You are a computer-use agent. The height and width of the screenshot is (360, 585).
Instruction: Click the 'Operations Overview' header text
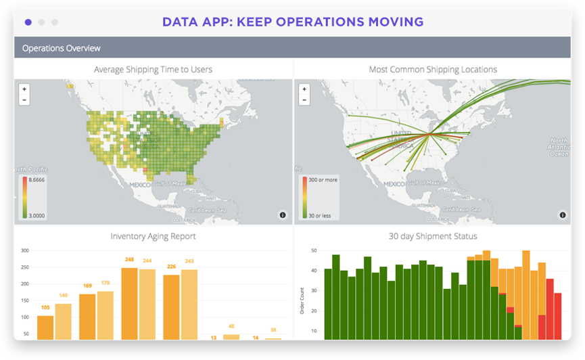(61, 48)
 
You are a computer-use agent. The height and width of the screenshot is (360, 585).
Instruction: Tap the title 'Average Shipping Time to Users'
(153, 69)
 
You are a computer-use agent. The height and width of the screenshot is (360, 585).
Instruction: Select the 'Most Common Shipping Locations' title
(433, 69)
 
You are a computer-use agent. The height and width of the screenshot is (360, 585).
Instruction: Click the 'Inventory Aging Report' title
(153, 236)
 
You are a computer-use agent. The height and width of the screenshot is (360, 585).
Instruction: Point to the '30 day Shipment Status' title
(433, 236)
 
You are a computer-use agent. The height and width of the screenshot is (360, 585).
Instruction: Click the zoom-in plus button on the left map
(24, 89)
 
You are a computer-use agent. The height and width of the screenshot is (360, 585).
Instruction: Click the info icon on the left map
(283, 215)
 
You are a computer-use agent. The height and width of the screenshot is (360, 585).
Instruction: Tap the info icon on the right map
(562, 215)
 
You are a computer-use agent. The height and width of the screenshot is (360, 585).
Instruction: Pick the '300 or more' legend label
(323, 180)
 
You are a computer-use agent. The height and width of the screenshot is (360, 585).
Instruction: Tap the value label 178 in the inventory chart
(106, 283)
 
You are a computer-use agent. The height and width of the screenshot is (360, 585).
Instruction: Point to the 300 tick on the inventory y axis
(24, 250)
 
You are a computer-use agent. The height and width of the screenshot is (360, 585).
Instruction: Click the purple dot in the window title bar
(28, 22)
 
